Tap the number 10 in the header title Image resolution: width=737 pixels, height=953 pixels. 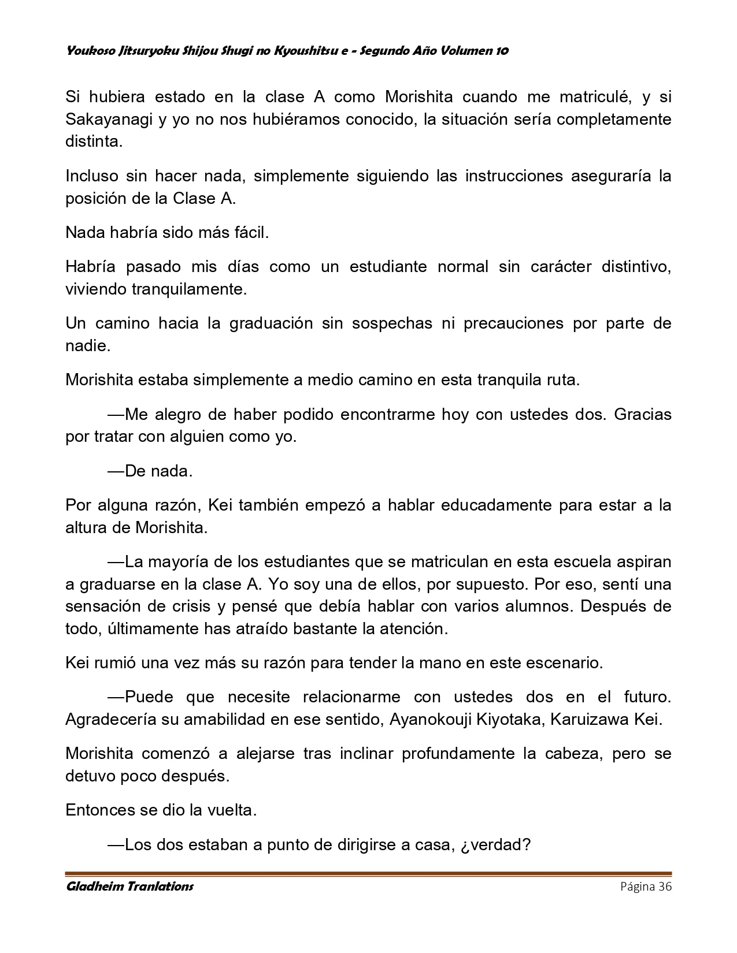[x=502, y=51]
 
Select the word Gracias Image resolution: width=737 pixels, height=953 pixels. [x=642, y=414]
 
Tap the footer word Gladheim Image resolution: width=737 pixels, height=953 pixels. [x=94, y=887]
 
